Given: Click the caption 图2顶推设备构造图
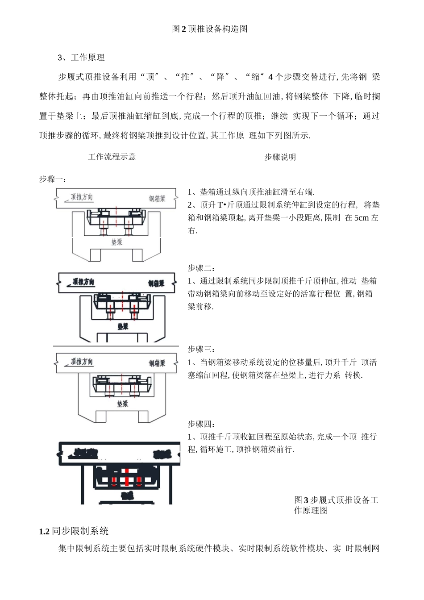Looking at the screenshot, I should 210,29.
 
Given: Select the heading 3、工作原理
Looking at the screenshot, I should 81,58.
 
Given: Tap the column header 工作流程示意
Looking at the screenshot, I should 112,157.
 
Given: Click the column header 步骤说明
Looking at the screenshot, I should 280,157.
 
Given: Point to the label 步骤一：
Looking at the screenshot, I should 53,179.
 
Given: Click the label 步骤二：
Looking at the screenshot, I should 202,268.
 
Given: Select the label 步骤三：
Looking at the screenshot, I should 202,349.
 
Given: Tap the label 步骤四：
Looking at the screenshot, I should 202,424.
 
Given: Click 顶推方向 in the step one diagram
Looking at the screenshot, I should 82,197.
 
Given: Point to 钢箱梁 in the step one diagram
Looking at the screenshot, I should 157,199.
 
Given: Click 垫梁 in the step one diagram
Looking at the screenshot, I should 117,242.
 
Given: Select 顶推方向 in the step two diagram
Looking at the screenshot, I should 84,282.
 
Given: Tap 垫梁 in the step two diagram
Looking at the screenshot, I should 123,326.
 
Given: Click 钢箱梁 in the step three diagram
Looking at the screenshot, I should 157,363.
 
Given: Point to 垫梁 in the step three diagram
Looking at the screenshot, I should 123,404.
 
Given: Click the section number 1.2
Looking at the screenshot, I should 44,531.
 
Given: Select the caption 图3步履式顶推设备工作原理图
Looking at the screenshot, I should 336,505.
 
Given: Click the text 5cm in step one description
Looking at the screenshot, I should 361,218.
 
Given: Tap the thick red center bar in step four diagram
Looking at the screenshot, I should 127,477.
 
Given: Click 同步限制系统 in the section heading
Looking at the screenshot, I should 80,531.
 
